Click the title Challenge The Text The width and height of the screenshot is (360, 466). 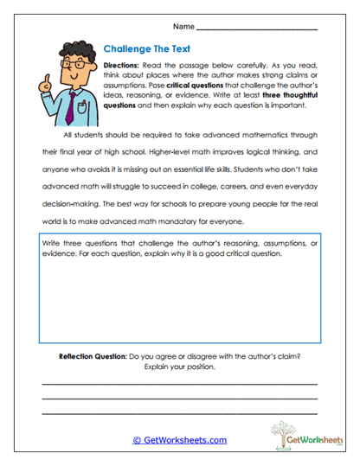tap(145, 49)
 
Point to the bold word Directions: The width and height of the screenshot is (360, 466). tap(126, 67)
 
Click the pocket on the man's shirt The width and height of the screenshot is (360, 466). tap(82, 109)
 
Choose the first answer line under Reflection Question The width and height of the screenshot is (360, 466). tap(179, 382)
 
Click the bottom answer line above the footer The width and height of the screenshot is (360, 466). tap(179, 413)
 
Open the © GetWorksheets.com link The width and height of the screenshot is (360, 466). tap(180, 440)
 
